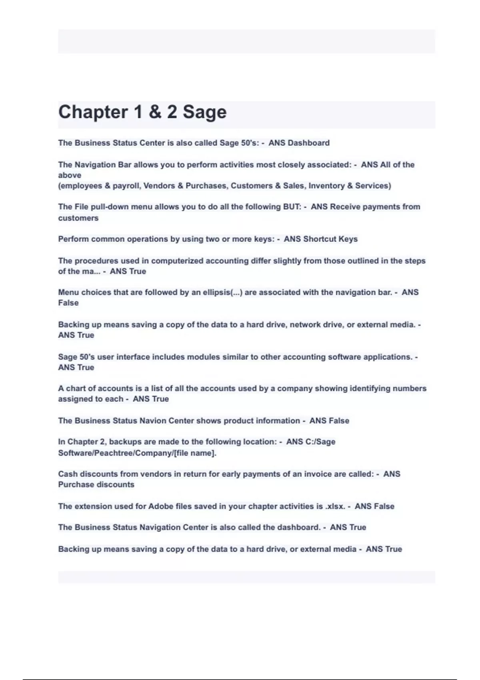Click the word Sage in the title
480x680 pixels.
coord(204,112)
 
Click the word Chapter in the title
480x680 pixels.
coord(92,112)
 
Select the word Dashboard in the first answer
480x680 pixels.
coord(308,143)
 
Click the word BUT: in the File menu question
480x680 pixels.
coord(292,207)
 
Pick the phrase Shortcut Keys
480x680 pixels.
coord(330,239)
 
